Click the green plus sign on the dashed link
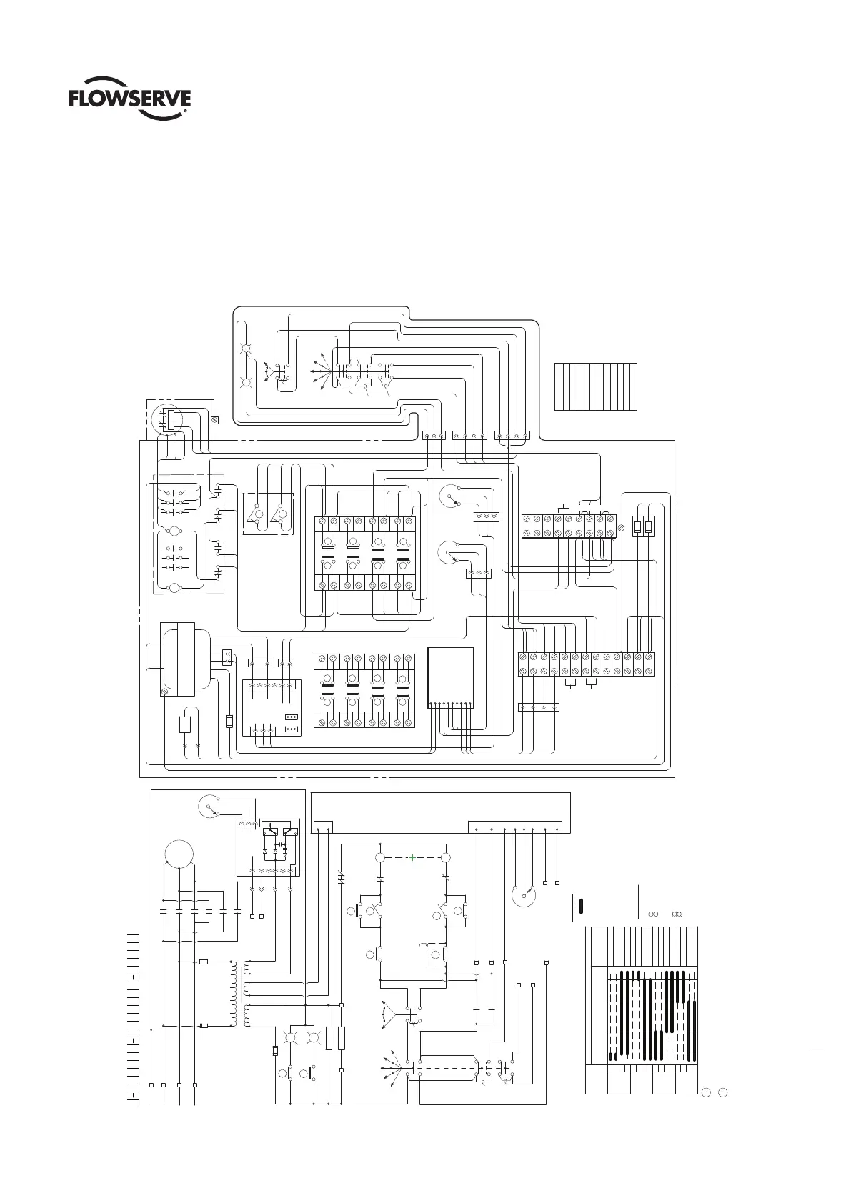pos(412,857)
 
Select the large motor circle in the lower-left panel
pos(179,853)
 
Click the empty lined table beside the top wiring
pos(595,386)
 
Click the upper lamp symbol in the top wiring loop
pos(247,349)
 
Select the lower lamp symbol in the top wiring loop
pos(247,382)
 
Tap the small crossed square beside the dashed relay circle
pos(214,421)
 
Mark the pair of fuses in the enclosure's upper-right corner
pos(643,527)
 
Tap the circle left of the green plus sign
pos(381,857)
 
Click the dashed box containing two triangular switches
pos(269,514)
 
